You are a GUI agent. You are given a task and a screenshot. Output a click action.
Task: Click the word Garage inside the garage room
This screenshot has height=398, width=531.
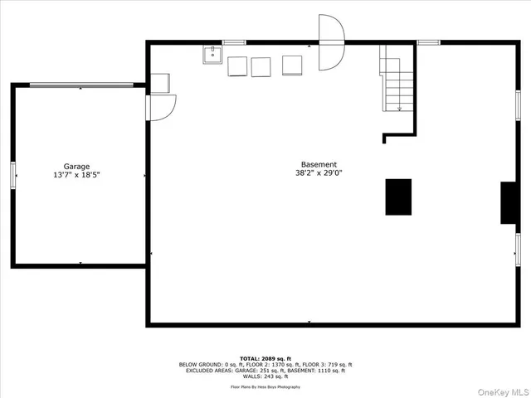coord(77,167)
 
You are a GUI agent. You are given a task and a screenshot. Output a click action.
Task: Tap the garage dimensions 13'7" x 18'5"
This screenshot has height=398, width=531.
coord(77,175)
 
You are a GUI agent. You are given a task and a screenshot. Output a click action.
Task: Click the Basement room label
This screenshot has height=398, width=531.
coord(319,164)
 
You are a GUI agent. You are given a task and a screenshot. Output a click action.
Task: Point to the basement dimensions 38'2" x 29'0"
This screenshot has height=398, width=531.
coord(319,173)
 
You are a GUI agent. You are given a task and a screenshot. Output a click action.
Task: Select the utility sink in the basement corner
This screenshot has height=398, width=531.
coord(212,55)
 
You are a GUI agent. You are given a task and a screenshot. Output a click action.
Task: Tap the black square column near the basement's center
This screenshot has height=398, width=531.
coord(398,197)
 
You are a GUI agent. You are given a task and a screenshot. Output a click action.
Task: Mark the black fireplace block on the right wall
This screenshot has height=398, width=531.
coord(509,203)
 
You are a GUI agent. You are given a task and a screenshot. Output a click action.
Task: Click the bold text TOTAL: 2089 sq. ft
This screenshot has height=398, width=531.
coord(265,359)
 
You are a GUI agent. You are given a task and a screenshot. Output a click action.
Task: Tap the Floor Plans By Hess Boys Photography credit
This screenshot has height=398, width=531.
coord(265,387)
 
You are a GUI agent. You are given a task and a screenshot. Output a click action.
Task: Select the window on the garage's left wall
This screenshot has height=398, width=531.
coord(13,175)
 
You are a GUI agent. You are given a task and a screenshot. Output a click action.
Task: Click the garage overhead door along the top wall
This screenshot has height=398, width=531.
coord(81,85)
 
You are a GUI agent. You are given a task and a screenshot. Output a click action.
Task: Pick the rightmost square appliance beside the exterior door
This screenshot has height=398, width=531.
coord(292,65)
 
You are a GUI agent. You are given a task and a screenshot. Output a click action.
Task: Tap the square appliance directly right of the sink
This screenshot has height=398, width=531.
coord(238,66)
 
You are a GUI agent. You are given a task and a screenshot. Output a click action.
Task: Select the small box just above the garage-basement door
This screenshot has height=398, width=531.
coord(159,84)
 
